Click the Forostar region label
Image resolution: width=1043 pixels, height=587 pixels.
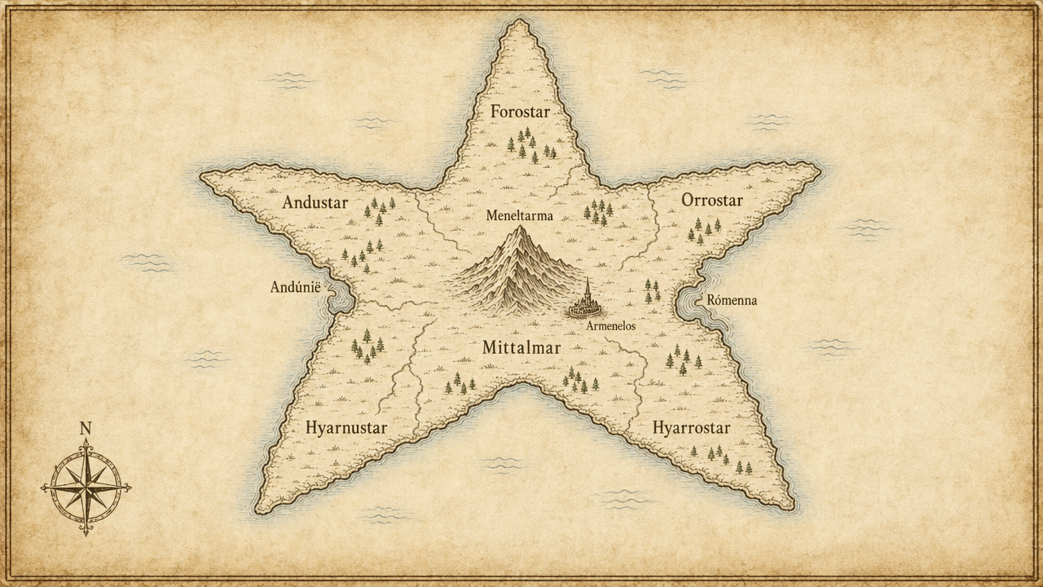[x=520, y=112]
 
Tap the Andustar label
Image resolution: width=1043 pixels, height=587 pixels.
[x=315, y=203]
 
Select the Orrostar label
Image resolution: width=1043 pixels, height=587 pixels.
[x=712, y=201]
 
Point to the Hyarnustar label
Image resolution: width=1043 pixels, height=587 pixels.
[x=346, y=428]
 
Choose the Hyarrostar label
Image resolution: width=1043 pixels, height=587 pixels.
[x=691, y=428]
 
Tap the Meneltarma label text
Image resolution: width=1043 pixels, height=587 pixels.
[x=519, y=216]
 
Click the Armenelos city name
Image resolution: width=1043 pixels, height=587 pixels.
[x=610, y=325]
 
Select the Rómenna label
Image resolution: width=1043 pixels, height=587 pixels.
[x=732, y=300]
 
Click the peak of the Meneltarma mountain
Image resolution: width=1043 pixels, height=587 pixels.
[x=519, y=229]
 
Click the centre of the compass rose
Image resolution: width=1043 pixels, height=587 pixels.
[x=86, y=487]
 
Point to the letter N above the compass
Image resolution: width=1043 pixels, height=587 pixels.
[x=85, y=428]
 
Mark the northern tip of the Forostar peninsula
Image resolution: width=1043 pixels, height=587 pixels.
[x=519, y=21]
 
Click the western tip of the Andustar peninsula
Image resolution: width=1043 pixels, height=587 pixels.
[x=203, y=175]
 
